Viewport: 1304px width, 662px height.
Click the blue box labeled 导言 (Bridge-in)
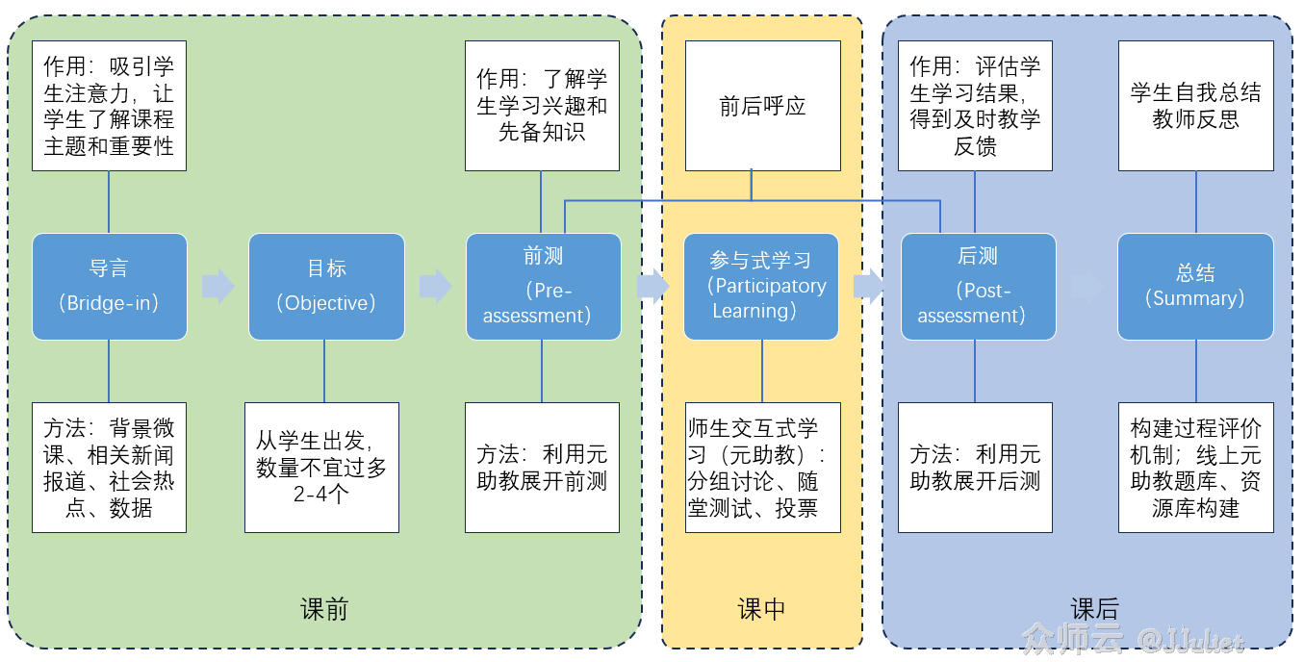[x=109, y=287]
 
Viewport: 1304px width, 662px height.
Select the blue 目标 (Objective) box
[x=326, y=287]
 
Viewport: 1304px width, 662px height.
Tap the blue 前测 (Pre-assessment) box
[x=543, y=287]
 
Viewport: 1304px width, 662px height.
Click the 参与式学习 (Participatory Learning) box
[x=761, y=287]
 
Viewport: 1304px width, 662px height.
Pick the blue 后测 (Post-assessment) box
[x=978, y=287]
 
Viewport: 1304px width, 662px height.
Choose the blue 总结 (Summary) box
[x=1195, y=287]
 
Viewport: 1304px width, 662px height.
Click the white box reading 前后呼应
[x=762, y=106]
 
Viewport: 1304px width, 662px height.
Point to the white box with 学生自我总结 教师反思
[x=1195, y=106]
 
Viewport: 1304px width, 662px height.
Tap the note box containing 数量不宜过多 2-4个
[x=321, y=468]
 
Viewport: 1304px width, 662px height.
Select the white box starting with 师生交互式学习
[x=762, y=468]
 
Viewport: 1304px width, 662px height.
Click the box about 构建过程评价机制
[x=1195, y=468]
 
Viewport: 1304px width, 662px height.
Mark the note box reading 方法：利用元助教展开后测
[x=975, y=468]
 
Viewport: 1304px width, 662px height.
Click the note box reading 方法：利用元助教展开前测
[x=542, y=468]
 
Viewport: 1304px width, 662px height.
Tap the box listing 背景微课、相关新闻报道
[x=109, y=468]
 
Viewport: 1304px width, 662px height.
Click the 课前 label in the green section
[x=324, y=609]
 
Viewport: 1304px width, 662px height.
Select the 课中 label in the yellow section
[x=761, y=609]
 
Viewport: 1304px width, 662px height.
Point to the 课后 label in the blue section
[x=1095, y=609]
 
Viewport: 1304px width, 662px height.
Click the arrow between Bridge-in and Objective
[x=218, y=286]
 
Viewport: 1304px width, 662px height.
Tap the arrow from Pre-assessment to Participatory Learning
[x=652, y=286]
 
